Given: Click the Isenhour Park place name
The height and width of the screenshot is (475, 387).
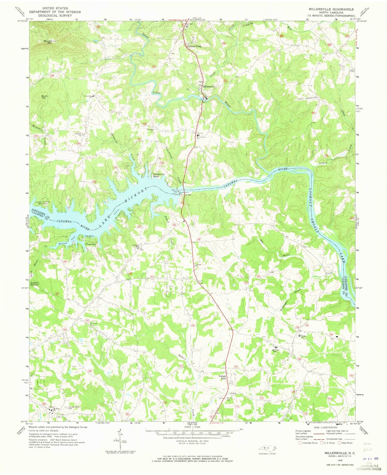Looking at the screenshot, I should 194,46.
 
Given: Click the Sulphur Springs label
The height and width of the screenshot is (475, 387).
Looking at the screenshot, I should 36,284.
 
